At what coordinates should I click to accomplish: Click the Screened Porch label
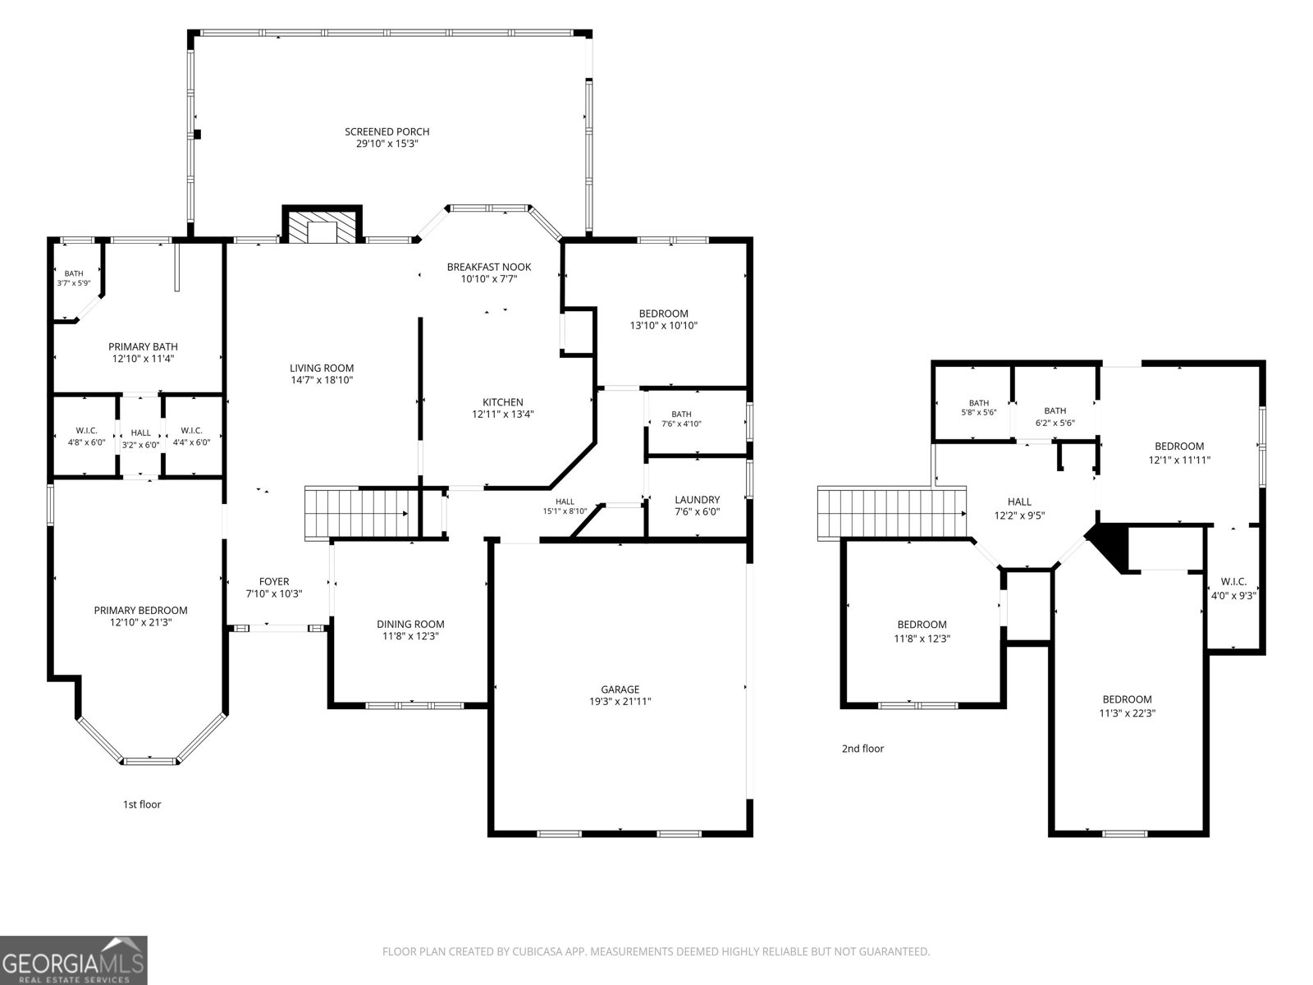(x=387, y=131)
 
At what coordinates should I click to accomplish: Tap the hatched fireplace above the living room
(x=323, y=225)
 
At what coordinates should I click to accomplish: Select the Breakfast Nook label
(x=489, y=267)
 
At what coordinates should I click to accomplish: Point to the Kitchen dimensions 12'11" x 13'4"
(x=502, y=414)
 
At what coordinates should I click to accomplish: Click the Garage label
(x=620, y=689)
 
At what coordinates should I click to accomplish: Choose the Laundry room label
(x=697, y=499)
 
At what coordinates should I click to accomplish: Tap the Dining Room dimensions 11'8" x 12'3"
(x=410, y=636)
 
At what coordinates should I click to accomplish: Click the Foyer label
(x=274, y=581)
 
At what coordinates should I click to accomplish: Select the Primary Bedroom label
(x=140, y=610)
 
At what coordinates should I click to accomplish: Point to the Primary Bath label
(x=143, y=346)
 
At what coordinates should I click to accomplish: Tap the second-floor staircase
(x=892, y=513)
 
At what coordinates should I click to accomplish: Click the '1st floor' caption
(x=142, y=804)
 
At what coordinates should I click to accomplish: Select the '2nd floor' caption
(x=862, y=748)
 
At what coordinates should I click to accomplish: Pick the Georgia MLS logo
(x=74, y=960)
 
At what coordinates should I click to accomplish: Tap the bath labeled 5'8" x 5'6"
(x=979, y=408)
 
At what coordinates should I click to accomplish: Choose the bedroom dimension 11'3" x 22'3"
(x=1127, y=712)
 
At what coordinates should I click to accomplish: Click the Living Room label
(x=322, y=368)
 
